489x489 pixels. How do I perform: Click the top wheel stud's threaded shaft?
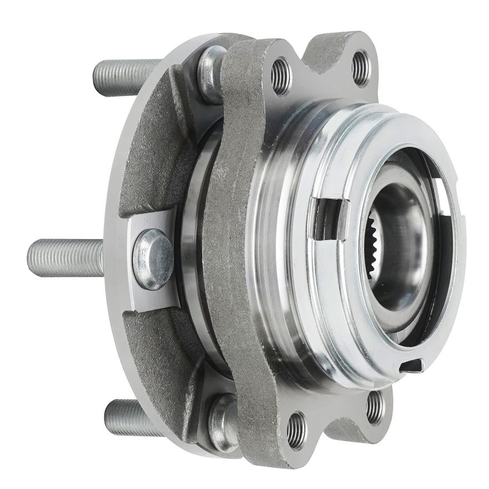pos(125,70)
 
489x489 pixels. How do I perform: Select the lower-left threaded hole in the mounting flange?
pos(296,430)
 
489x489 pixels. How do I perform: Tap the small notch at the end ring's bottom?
pos(412,365)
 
